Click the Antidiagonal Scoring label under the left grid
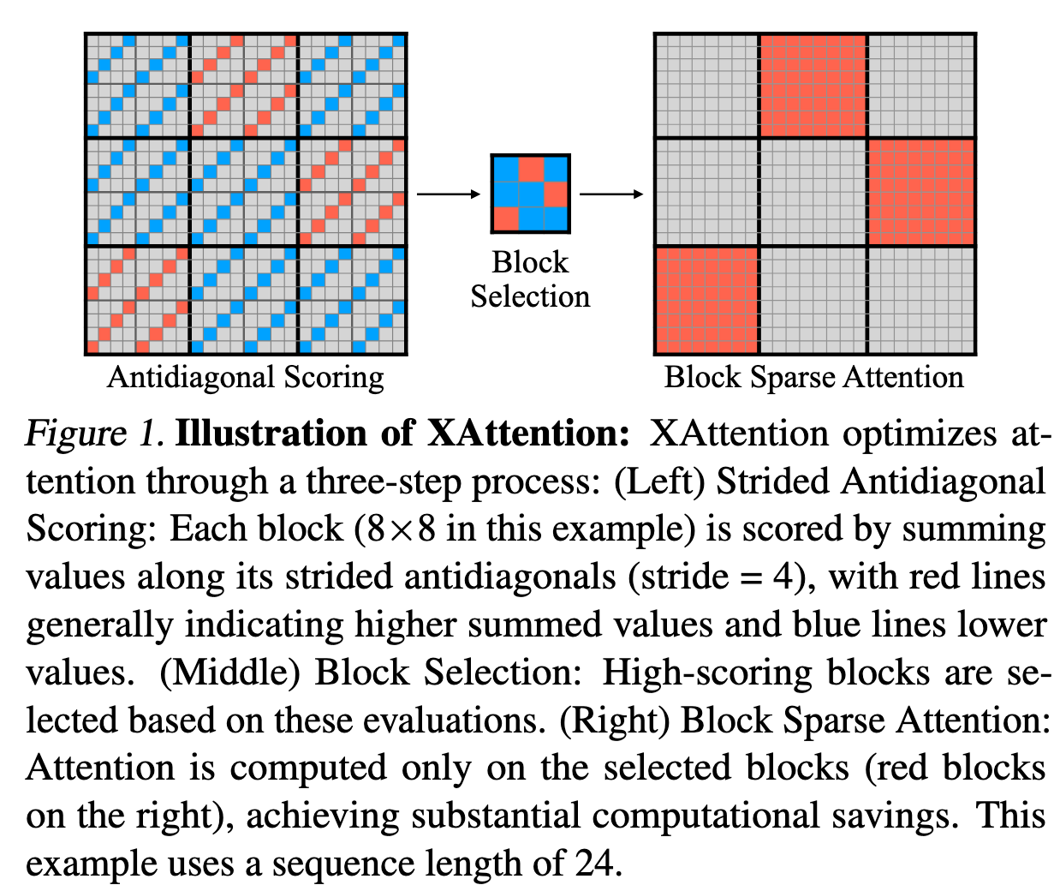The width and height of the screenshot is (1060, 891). click(246, 377)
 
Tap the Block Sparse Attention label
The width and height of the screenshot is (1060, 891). click(813, 377)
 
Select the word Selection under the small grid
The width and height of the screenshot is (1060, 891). click(530, 296)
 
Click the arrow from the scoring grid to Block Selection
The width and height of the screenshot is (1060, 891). click(449, 194)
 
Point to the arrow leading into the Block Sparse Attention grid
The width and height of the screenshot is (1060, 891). click(611, 194)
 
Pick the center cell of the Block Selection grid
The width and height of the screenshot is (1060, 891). click(531, 194)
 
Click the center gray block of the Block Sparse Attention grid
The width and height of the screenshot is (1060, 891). click(814, 193)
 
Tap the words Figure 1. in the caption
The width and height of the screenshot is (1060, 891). click(94, 434)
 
